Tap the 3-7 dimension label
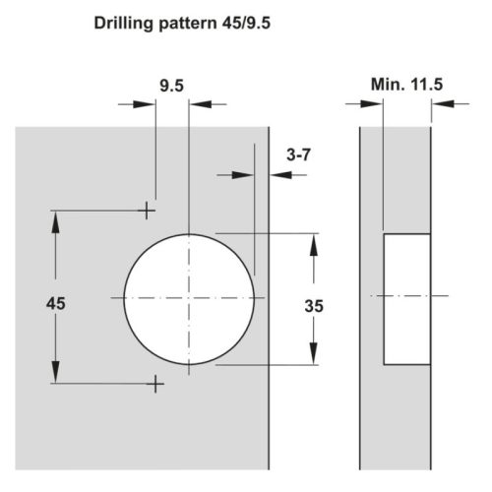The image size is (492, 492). (300, 154)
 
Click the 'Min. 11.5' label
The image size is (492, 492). (406, 85)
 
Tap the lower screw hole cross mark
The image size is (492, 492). (154, 385)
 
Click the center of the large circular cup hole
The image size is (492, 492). (187, 298)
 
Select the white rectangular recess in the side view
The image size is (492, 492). (406, 298)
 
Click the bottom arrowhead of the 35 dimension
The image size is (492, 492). (315, 355)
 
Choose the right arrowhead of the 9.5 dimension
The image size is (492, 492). (195, 102)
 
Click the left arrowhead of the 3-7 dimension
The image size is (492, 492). (246, 173)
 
